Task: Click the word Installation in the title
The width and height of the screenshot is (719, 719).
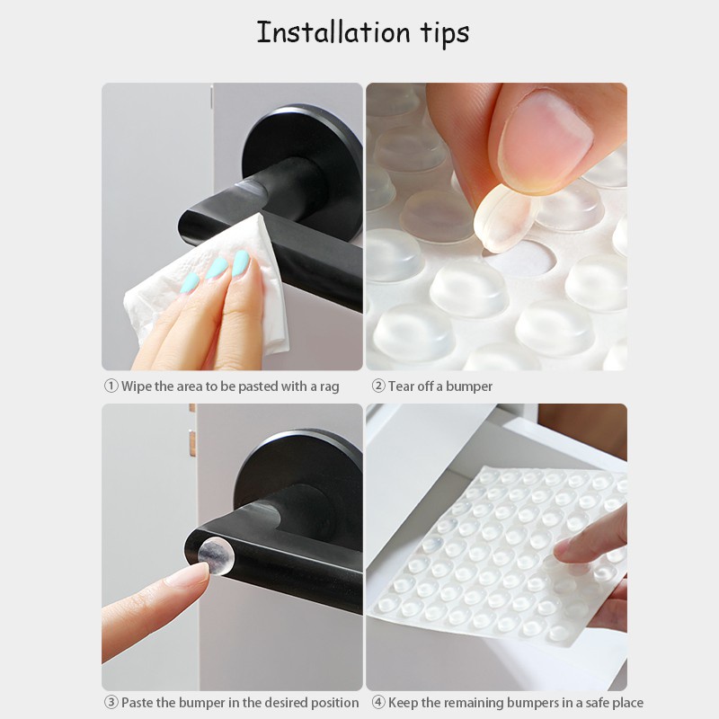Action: coord(333,32)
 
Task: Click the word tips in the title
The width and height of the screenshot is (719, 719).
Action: coord(445,33)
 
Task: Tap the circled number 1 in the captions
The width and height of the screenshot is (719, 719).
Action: coord(111,386)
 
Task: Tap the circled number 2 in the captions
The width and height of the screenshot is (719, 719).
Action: coord(377,386)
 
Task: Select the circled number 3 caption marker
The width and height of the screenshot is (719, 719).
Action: coord(111,703)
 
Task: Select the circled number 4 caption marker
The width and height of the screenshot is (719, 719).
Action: coord(377,703)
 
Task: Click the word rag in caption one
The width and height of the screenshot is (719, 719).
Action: coord(329,387)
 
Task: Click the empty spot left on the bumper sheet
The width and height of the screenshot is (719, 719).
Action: coord(520,260)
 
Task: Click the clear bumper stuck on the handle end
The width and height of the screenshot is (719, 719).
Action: coord(216,556)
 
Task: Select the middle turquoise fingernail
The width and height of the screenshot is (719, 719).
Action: coord(217,268)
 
